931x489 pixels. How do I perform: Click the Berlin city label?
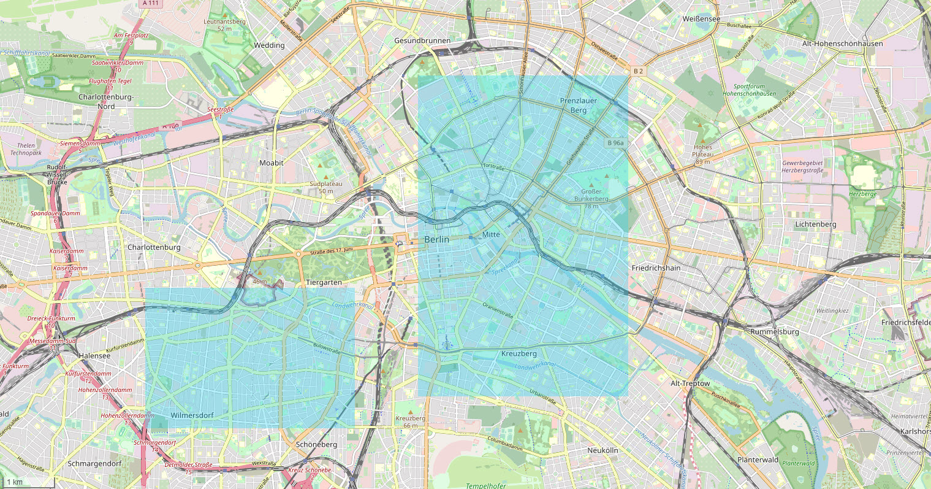[436, 239]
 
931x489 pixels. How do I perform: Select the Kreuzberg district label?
[519, 354]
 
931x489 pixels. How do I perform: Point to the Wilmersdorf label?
[192, 415]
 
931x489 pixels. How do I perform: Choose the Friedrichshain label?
[656, 268]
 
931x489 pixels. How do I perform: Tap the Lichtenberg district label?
[815, 225]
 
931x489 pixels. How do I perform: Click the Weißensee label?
[700, 19]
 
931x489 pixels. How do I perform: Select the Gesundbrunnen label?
[422, 40]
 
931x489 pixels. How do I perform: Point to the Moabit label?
[271, 163]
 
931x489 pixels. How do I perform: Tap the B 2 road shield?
[638, 71]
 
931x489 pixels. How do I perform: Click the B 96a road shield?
[615, 143]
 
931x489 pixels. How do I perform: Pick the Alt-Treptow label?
[690, 383]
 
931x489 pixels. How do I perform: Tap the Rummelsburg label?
[774, 332]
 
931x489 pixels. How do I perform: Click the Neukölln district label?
[602, 450]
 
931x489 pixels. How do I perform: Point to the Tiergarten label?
[323, 283]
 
